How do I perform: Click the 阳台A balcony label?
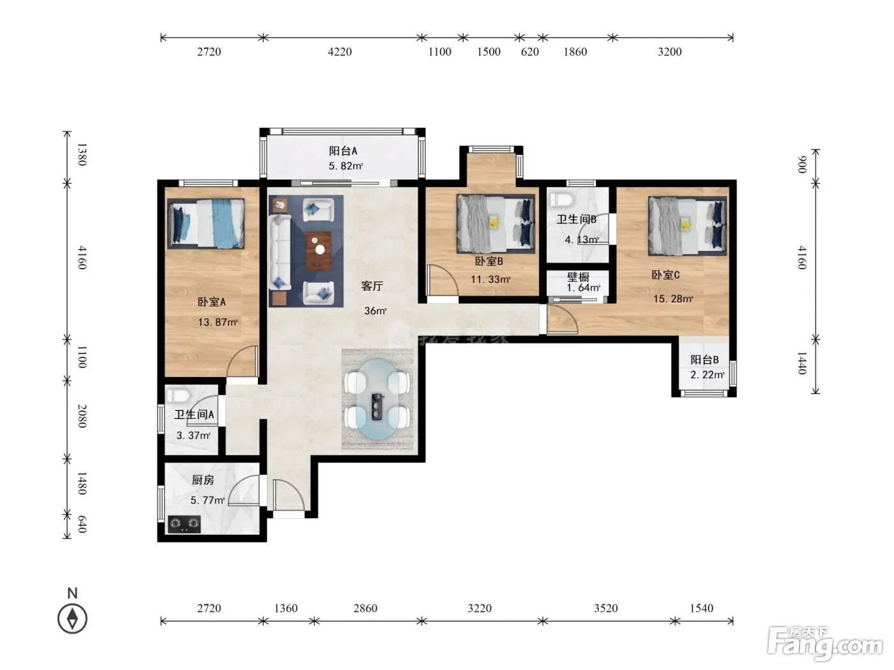tap(343, 151)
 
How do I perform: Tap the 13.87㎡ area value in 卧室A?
tap(218, 322)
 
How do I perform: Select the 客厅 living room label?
tap(372, 286)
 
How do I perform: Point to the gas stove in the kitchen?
tap(184, 524)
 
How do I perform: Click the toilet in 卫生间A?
tap(178, 395)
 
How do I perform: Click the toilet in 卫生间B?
tap(561, 199)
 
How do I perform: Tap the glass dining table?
tap(377, 399)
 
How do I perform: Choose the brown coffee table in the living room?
tap(318, 251)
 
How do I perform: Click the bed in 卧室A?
tap(206, 223)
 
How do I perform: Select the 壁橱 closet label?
tap(578, 277)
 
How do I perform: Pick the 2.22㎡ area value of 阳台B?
tap(707, 375)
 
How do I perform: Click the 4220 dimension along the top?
tap(340, 52)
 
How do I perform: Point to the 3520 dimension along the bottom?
tap(605, 608)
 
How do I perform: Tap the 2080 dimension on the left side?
tap(82, 416)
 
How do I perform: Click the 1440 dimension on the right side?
tap(801, 363)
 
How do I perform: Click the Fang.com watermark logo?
tap(825, 644)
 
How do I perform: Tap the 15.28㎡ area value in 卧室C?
tap(673, 299)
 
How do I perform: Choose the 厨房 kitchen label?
tap(203, 480)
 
